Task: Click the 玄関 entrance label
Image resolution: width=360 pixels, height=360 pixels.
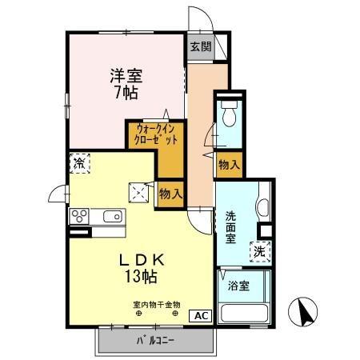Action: pos(201,46)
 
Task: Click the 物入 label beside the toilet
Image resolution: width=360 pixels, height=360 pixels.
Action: pos(229,163)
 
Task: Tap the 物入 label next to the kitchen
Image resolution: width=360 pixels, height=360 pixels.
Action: pos(170,193)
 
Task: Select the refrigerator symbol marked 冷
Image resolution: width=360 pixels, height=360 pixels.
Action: pos(80,164)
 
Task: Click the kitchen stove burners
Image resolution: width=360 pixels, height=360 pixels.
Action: pos(82,215)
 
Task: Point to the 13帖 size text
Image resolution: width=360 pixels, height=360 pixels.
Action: pos(140,277)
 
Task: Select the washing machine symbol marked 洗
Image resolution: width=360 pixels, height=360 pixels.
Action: pos(260,250)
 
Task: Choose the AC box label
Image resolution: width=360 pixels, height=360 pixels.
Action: pos(200,314)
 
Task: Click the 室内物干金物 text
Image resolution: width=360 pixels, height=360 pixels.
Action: pos(156,304)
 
